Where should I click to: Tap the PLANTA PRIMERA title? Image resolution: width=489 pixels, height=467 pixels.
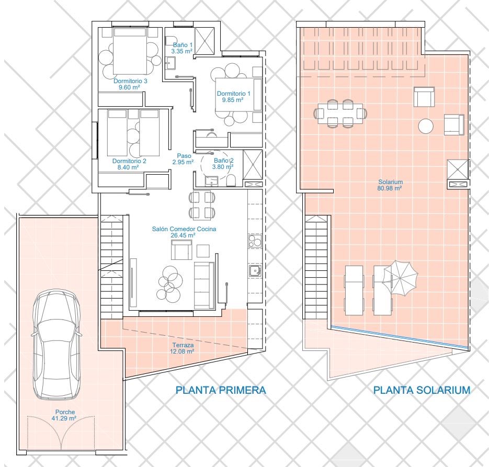coord(221,390)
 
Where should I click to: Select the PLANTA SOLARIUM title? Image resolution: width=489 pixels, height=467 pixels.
coord(422,390)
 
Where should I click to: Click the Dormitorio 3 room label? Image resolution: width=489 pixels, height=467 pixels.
coord(130,81)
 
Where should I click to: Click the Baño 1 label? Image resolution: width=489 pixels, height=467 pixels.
coord(183,45)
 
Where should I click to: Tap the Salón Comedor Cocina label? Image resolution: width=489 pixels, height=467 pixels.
coord(184,229)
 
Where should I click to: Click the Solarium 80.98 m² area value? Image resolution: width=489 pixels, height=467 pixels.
coord(390,188)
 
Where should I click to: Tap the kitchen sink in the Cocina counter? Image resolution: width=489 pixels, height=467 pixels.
coord(255,270)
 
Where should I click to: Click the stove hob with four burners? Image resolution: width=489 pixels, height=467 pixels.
coord(255,241)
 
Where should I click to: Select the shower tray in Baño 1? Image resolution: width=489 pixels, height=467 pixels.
coord(205,40)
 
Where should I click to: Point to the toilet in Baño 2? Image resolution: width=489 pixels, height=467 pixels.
coord(231,180)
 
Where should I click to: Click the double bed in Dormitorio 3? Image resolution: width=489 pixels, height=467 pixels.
coord(129,51)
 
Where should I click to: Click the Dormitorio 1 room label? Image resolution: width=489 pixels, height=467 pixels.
coord(234,94)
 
